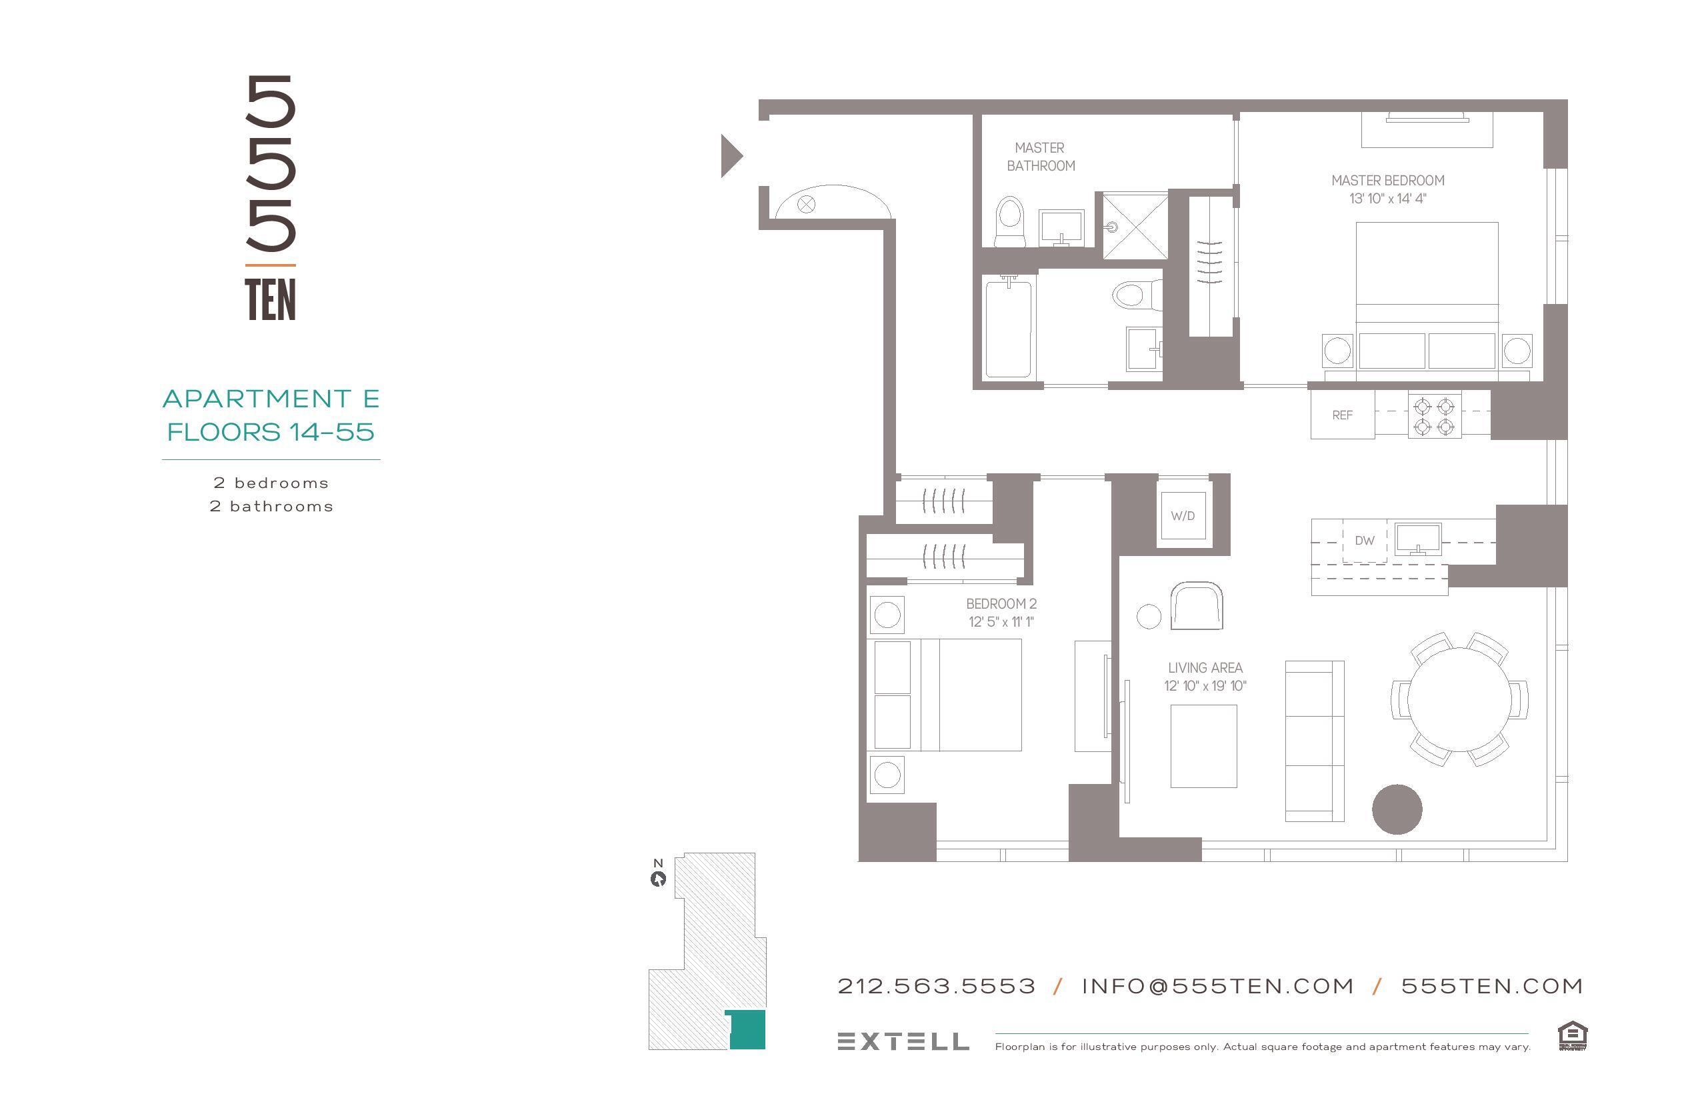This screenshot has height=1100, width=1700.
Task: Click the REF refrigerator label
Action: pos(1342,415)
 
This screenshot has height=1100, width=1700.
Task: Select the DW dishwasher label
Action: pos(1364,541)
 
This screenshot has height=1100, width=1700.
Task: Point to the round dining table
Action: pos(1459,699)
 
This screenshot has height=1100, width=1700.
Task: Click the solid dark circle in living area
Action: pos(1397,809)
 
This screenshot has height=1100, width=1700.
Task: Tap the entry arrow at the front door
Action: pos(731,156)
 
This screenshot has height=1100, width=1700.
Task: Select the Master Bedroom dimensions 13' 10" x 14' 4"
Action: pos(1387,199)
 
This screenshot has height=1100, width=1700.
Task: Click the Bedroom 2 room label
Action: pos(1001,603)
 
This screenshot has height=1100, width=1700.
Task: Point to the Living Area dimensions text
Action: pos(1205,686)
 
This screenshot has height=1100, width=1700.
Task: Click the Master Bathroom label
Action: pos(1040,157)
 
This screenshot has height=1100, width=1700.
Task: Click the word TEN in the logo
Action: pos(270,300)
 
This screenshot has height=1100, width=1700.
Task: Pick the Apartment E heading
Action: pos(271,399)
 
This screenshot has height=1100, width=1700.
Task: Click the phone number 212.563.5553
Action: pos(937,987)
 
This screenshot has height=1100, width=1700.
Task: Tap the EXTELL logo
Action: pos(903,1041)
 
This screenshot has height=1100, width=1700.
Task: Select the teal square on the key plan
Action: pos(747,1029)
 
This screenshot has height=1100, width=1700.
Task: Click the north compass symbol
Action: pos(658,879)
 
